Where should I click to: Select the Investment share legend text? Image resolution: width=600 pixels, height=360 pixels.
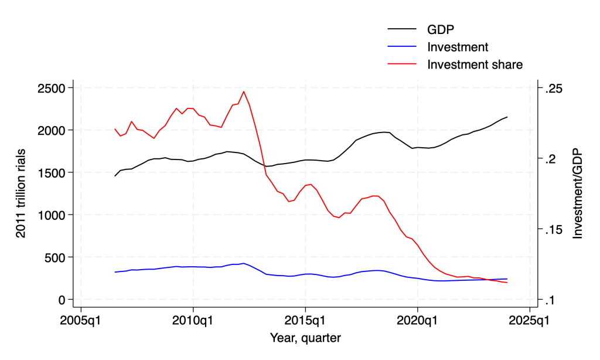475,64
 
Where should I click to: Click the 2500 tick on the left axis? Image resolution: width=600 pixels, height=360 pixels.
52,88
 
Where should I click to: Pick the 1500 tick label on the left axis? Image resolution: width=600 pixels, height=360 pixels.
52,172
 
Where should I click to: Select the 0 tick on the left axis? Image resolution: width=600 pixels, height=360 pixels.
62,300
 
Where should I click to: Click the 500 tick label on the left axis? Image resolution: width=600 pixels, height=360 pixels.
55,257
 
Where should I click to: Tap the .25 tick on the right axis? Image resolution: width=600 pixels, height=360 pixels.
554,88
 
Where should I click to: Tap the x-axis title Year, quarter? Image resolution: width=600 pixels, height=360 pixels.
305,338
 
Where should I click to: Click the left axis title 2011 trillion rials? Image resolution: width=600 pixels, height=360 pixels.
21,193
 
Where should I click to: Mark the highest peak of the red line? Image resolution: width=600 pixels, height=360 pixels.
244,91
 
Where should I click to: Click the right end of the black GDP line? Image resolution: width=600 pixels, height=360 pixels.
507,117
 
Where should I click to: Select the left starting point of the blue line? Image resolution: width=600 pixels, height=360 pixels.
115,272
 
